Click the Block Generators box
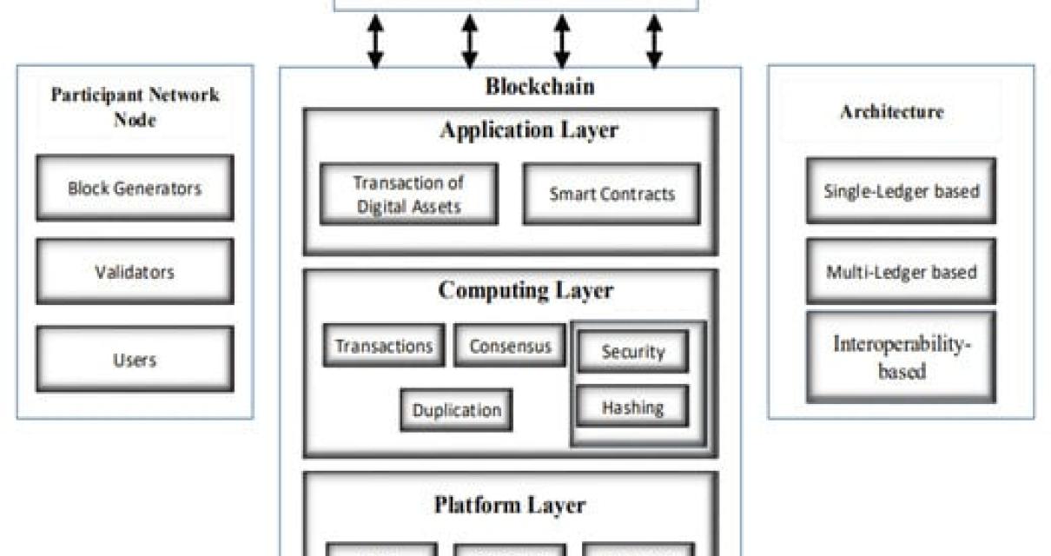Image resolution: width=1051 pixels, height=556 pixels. tap(135, 188)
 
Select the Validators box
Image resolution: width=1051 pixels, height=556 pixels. tap(135, 272)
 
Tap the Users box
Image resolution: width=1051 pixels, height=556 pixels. tap(135, 359)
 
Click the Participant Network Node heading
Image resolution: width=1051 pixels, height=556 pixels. tap(135, 107)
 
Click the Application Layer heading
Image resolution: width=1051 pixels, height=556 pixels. tap(529, 130)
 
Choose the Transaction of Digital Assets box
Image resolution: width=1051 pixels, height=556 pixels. tap(408, 194)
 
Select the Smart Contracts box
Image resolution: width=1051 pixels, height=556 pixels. tap(611, 194)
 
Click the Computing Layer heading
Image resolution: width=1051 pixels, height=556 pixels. tap(525, 290)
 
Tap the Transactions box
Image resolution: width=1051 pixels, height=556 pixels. tap(384, 346)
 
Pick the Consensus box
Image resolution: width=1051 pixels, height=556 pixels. tap(510, 346)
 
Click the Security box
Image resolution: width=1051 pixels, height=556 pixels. tap(632, 352)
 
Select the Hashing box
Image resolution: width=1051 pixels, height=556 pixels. tap(632, 407)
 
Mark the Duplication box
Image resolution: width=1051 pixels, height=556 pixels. tap(456, 410)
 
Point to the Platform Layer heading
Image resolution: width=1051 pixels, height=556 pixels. tap(510, 505)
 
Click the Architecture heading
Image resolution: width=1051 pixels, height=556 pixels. tap(891, 112)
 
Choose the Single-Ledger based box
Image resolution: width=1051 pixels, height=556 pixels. tap(901, 191)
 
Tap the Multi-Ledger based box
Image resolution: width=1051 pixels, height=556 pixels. tap(901, 272)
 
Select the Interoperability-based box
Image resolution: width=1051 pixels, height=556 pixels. tap(901, 357)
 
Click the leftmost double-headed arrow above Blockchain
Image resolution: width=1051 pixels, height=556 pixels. tap(375, 41)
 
